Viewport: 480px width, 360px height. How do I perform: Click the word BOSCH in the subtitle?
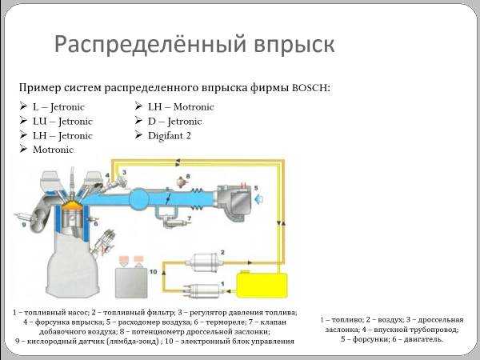[310, 88]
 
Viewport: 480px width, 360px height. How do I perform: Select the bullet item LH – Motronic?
[181, 107]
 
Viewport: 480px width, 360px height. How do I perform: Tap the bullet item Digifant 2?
[170, 136]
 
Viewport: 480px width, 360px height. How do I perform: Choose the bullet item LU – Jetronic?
[62, 122]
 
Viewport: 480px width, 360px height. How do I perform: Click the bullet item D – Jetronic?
[174, 122]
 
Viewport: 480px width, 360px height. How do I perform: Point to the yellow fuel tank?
[262, 284]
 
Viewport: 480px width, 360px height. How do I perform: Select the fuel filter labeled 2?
[204, 262]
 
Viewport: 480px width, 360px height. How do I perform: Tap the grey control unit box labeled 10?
[131, 282]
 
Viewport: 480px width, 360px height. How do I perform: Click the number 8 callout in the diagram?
[188, 176]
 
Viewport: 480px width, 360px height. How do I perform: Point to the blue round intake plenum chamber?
[138, 198]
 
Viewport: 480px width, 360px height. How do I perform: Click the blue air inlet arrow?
[259, 199]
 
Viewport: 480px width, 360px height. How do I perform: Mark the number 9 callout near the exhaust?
[24, 224]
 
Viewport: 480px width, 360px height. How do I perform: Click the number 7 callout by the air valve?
[190, 218]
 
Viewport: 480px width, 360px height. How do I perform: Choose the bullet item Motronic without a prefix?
[53, 150]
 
